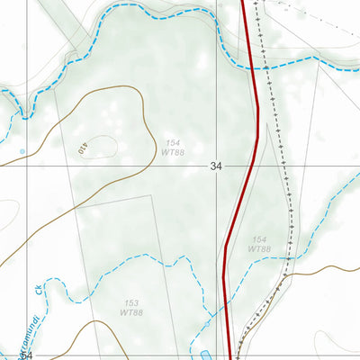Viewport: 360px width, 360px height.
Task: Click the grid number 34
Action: [x=215, y=166]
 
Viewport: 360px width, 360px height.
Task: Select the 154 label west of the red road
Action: [x=173, y=144]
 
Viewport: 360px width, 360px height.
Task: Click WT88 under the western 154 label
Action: [x=173, y=154]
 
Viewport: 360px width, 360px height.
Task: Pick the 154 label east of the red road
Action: [x=260, y=239]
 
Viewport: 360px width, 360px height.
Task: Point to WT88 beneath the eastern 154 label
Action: [x=260, y=249]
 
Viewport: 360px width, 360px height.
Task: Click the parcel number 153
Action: [x=130, y=302]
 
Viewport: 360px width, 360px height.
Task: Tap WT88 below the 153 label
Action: [x=130, y=312]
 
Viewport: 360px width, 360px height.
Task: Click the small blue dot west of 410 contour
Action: [x=22, y=150]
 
